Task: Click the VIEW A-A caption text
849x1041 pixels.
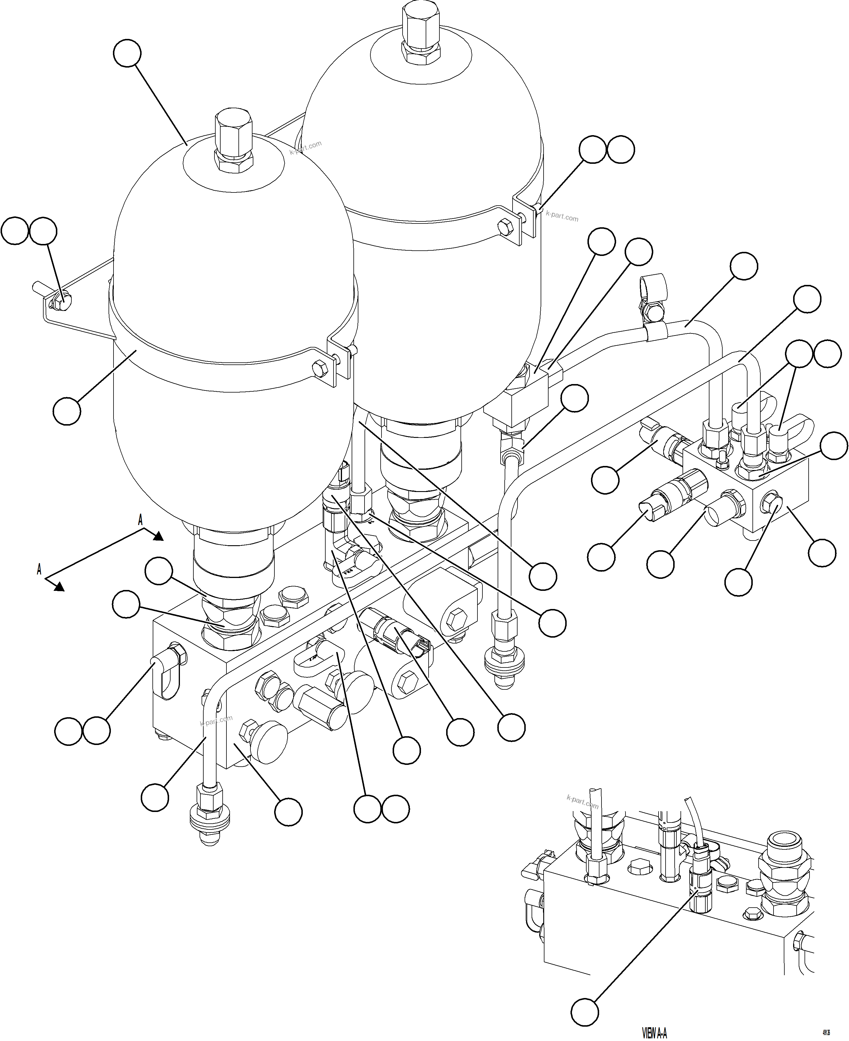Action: coord(654,1033)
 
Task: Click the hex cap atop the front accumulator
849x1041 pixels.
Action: coord(233,136)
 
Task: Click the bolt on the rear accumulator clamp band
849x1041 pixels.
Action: coord(505,227)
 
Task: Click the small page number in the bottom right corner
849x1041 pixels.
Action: coord(826,1033)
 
